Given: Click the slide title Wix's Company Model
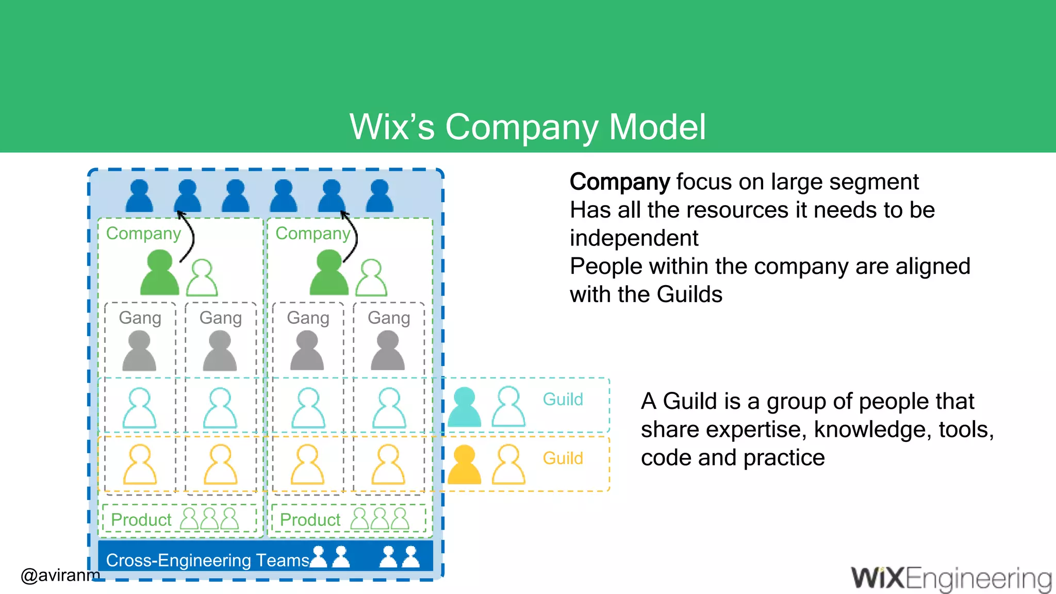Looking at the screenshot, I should [x=527, y=127].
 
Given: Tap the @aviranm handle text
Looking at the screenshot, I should [x=60, y=574].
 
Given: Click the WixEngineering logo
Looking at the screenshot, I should [x=951, y=579].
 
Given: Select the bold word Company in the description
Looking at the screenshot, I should [x=619, y=182].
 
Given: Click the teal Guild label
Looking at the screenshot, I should [x=563, y=400].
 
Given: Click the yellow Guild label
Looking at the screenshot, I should [x=563, y=458].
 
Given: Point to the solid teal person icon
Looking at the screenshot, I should [x=465, y=407].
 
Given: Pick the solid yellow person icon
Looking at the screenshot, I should [x=465, y=465].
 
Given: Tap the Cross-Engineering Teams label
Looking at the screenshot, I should [x=207, y=560].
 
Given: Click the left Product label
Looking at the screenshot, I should [x=141, y=520].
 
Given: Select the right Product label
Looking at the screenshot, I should [x=310, y=520].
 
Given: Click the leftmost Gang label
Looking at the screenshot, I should [x=140, y=318].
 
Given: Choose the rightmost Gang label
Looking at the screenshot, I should [x=389, y=318].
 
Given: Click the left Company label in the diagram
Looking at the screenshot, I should [x=143, y=234].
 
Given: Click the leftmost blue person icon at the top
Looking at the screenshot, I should [x=139, y=196].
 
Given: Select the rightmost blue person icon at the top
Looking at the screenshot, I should [x=379, y=196].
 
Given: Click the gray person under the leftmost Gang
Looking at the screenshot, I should [x=139, y=351].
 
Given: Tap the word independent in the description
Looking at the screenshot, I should [x=634, y=238].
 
